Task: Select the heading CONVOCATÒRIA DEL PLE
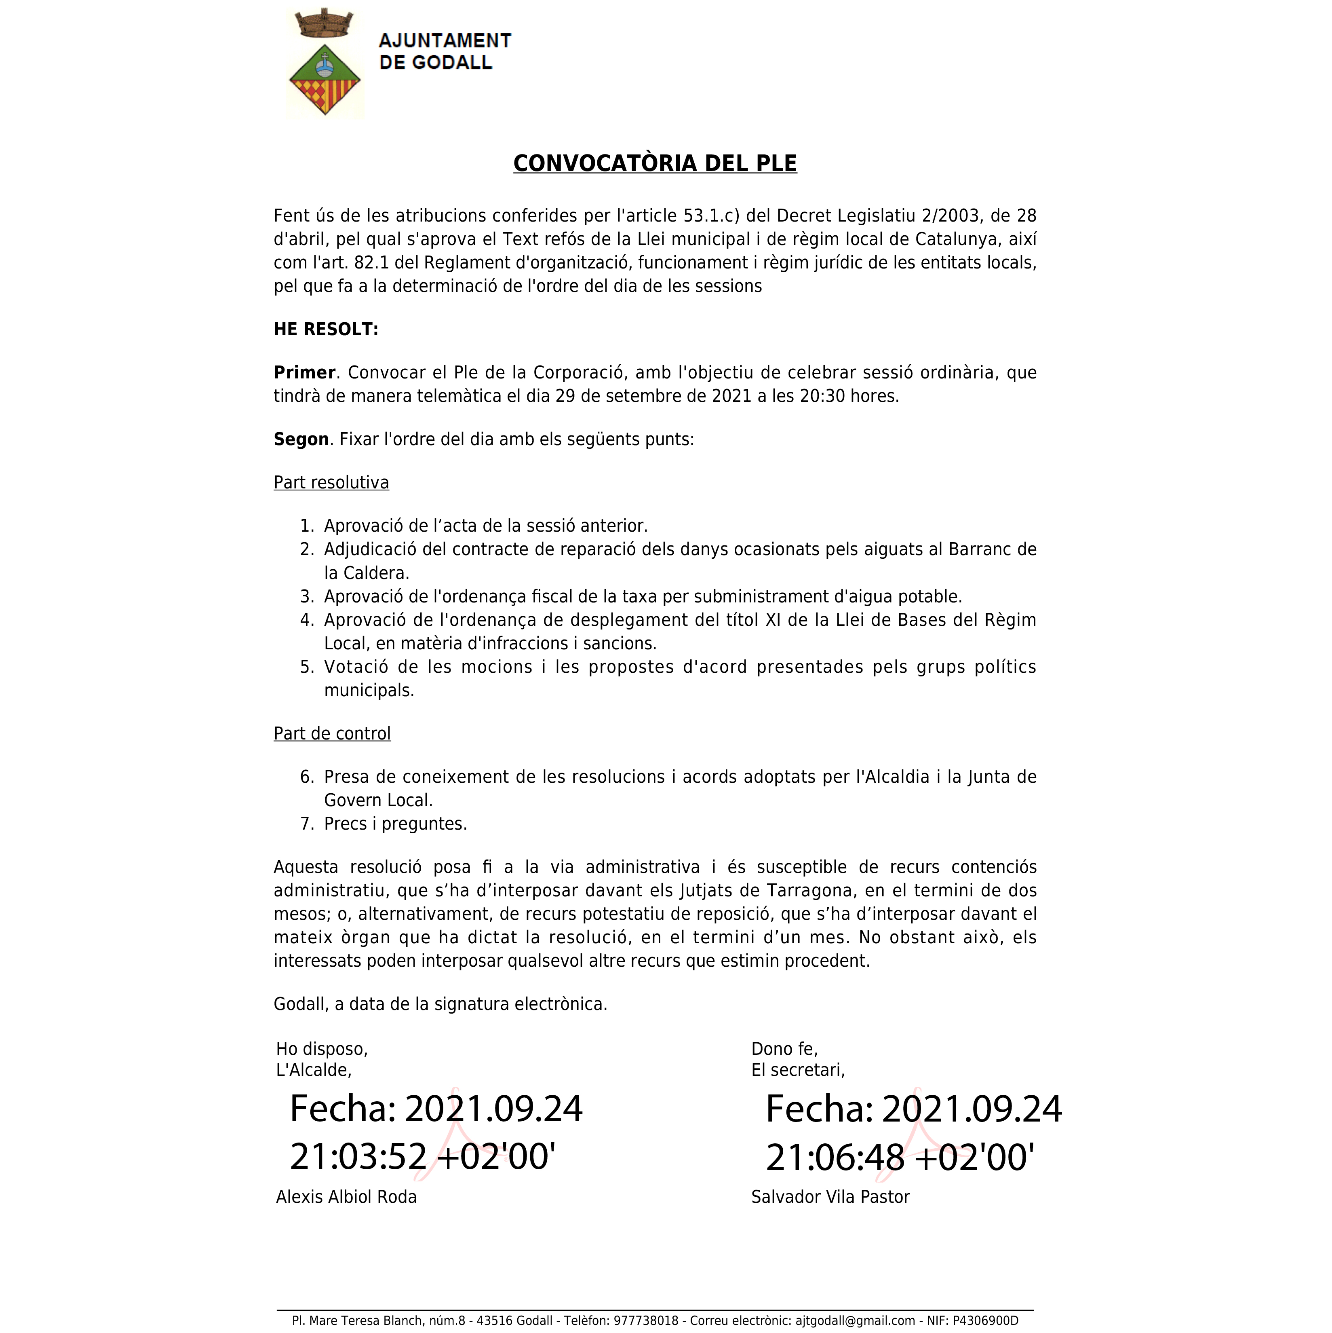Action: [655, 163]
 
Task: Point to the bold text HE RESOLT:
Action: [326, 329]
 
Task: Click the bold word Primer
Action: [304, 373]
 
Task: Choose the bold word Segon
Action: [301, 439]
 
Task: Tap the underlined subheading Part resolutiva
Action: [331, 482]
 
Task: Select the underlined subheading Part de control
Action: [332, 733]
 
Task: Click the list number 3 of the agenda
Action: [307, 597]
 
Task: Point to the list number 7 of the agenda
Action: [307, 824]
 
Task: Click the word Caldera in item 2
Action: [375, 573]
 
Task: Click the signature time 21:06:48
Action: [835, 1157]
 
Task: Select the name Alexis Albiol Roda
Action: [346, 1197]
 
